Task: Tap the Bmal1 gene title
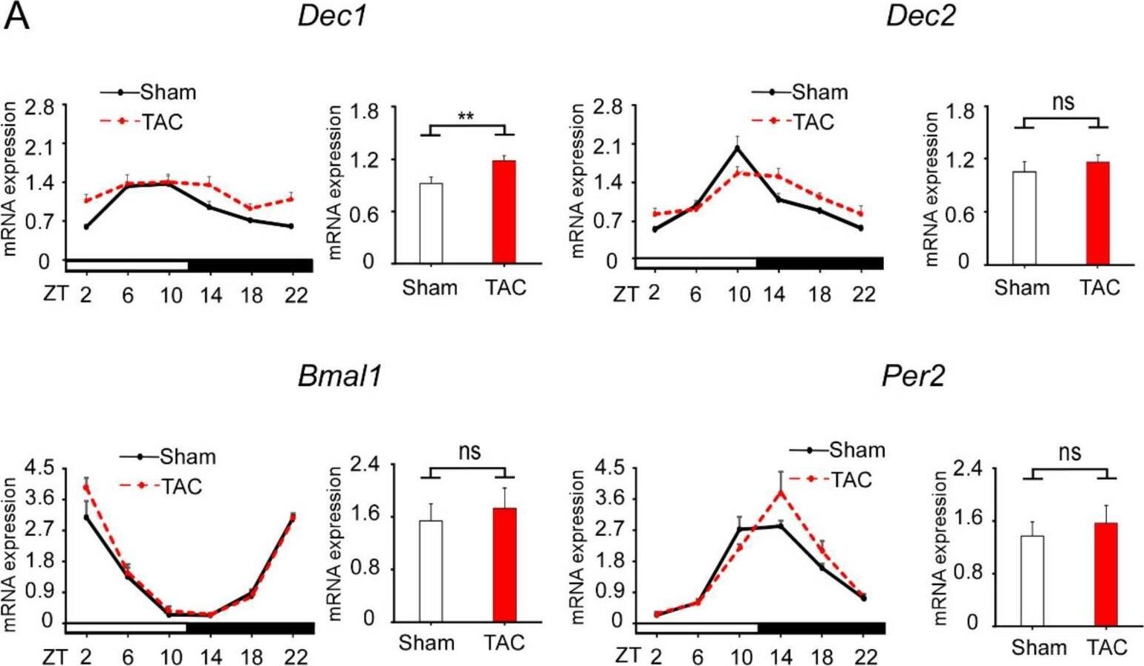pos(339,376)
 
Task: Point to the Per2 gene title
pos(913,376)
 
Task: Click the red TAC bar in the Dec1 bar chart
pos(504,212)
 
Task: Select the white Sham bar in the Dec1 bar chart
pos(431,223)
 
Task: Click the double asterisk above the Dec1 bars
pos(466,117)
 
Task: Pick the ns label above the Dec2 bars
pos(1063,103)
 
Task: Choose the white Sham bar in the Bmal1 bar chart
pos(431,571)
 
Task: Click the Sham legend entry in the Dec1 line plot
pos(167,92)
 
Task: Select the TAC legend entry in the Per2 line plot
pos(850,479)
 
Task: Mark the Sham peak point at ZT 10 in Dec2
pos(738,148)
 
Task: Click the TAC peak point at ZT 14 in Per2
pos(781,492)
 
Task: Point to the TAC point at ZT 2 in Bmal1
pos(86,488)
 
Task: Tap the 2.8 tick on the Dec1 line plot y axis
pos(39,107)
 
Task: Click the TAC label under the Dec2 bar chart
pos(1099,288)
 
